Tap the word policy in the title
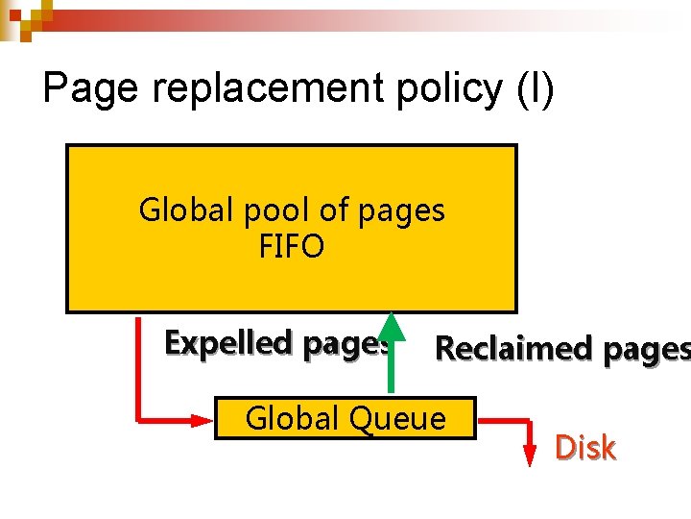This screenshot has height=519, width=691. pyautogui.click(x=438, y=89)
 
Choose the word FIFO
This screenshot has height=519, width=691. pyautogui.click(x=292, y=247)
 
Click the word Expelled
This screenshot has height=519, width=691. pyautogui.click(x=228, y=342)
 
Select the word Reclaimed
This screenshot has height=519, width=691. pyautogui.click(x=513, y=349)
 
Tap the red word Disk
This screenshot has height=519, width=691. pyautogui.click(x=585, y=447)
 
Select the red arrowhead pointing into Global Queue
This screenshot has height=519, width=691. pyautogui.click(x=203, y=419)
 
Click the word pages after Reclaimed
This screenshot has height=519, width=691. pyautogui.click(x=645, y=349)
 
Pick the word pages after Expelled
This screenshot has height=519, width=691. pyautogui.click(x=345, y=342)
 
